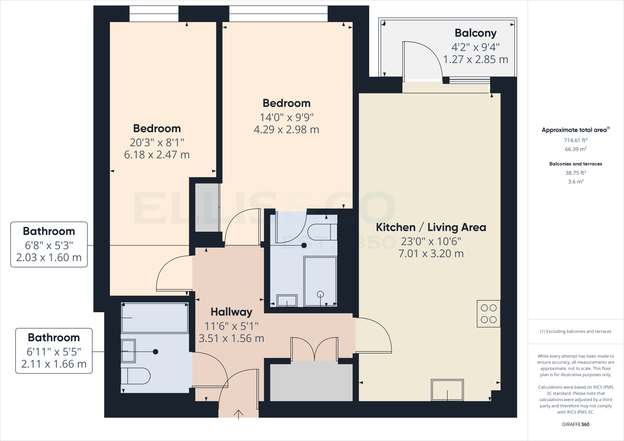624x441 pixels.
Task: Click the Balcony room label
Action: click(475, 33)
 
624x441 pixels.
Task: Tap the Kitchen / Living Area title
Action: click(431, 227)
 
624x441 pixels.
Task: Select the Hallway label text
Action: click(231, 312)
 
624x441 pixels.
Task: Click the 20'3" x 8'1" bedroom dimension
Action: click(157, 142)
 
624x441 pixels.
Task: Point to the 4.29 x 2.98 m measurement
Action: click(286, 130)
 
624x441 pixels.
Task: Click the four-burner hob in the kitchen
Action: click(488, 314)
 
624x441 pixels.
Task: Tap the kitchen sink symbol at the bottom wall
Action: click(447, 390)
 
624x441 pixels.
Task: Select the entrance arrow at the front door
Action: click(238, 414)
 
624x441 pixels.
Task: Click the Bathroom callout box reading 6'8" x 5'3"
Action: click(49, 245)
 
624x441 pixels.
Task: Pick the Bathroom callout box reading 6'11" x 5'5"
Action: click(54, 351)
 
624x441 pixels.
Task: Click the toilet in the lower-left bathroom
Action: click(136, 376)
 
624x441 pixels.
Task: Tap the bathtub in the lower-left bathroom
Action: click(155, 318)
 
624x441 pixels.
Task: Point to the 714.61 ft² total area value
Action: click(575, 140)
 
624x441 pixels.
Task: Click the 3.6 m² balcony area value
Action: click(575, 182)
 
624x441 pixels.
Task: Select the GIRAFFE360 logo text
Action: click(575, 424)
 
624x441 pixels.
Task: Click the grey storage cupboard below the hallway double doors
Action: click(311, 382)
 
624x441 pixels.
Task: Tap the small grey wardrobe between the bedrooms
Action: click(207, 207)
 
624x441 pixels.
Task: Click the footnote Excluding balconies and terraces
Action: click(575, 331)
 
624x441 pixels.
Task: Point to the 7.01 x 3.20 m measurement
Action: click(431, 254)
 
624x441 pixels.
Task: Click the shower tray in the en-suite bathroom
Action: click(320, 281)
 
